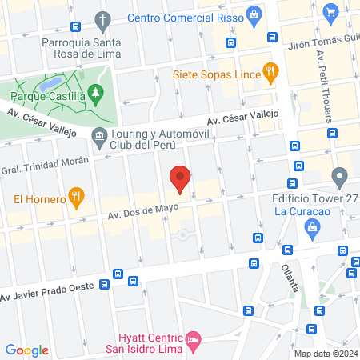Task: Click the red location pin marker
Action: [180, 179]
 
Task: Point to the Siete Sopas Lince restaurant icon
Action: [270, 70]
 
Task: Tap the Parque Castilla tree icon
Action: [96, 95]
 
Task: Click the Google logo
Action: [26, 350]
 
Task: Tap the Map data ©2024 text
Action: [326, 353]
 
